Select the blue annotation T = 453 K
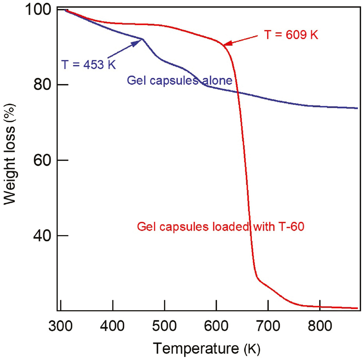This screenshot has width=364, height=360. pyautogui.click(x=89, y=64)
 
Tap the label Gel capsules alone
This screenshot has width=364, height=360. pyautogui.click(x=179, y=81)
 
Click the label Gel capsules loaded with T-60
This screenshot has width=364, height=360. pyautogui.click(x=220, y=227)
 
